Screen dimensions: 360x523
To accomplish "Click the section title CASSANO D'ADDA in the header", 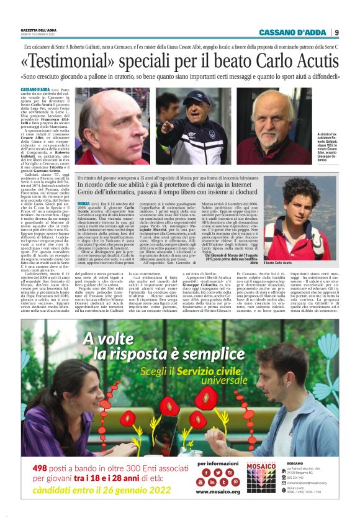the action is [294, 32].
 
